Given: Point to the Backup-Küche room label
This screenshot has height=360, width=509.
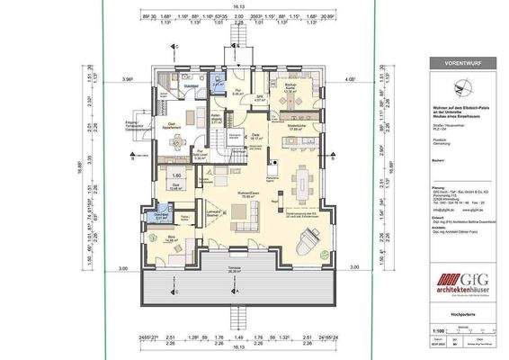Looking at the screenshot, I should tap(291, 88).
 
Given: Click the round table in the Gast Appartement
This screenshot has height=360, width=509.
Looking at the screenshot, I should tap(176, 141).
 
